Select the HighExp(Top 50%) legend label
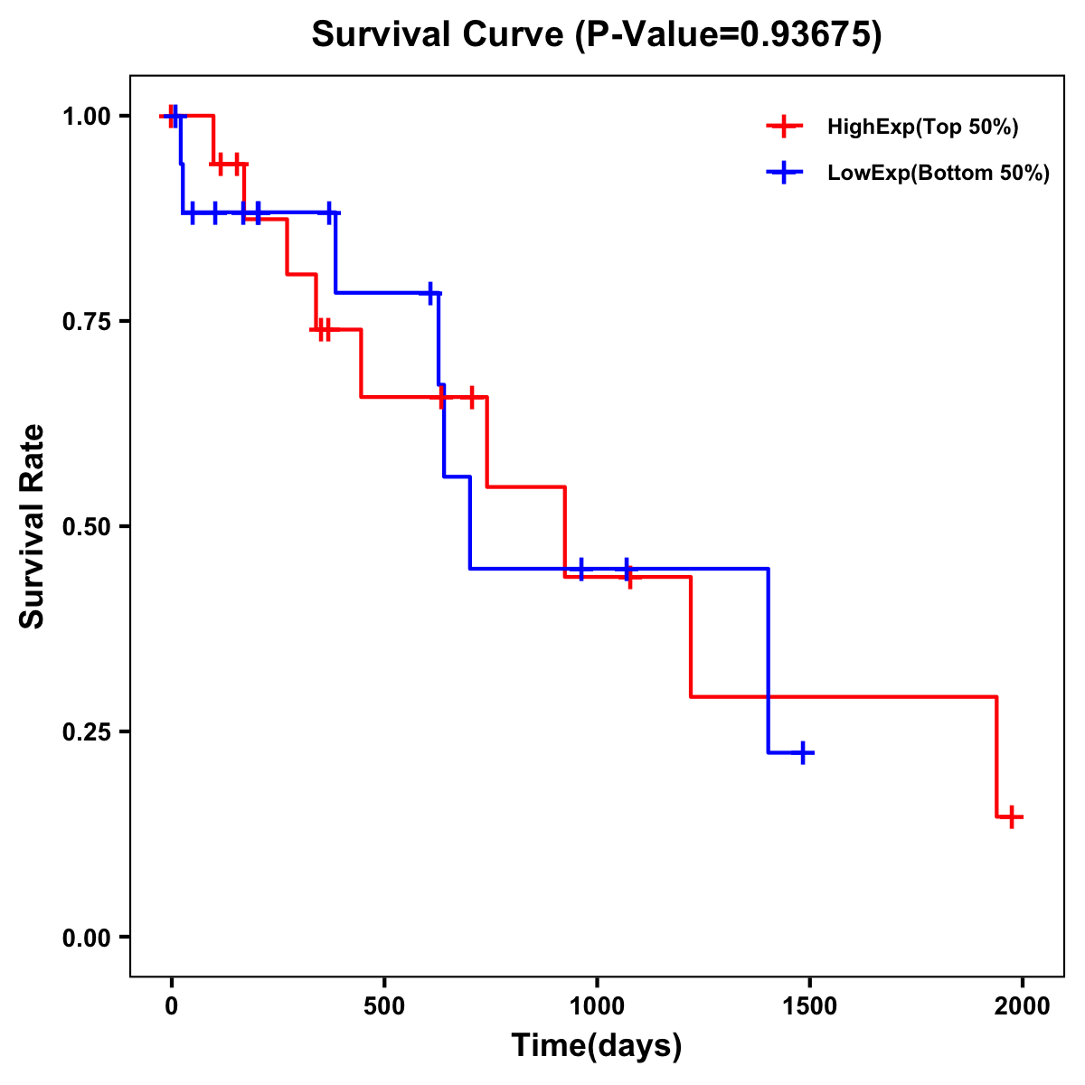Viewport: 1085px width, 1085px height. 922,127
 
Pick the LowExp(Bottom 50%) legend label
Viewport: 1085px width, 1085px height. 939,174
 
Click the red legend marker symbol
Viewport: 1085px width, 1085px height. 784,127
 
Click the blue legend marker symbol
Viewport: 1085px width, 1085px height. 784,174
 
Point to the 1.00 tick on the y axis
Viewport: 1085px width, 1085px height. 86,117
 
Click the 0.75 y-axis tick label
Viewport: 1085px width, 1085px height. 86,322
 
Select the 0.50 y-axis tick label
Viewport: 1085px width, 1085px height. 86,527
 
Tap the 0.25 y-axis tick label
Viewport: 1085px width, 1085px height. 86,732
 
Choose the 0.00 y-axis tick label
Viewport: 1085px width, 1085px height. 86,938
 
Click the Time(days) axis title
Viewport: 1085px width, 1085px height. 597,1046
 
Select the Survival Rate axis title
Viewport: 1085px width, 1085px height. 33,526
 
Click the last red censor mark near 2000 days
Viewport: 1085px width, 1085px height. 1013,816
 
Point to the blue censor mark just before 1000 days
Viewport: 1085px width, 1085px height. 580,569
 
